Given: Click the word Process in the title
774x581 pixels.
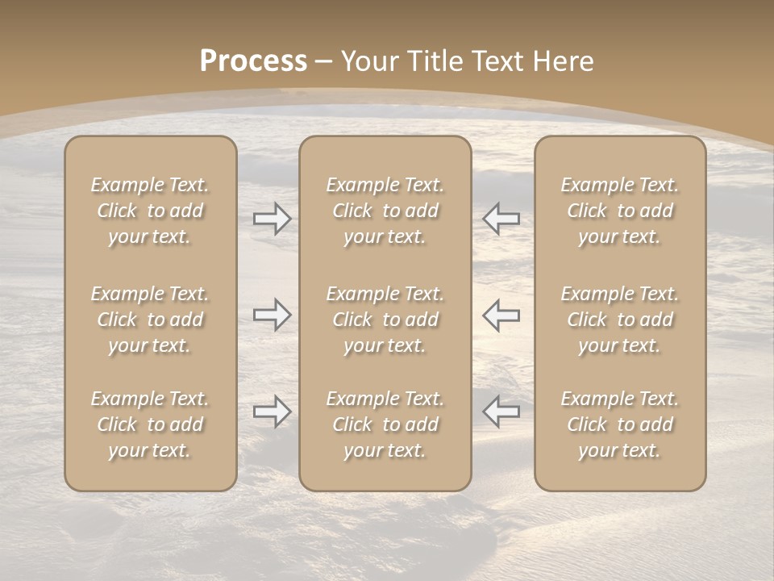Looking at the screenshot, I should coord(253,61).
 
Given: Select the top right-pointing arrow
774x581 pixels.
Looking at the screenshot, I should coord(272,218).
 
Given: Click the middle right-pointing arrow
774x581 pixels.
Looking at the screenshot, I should coord(272,315).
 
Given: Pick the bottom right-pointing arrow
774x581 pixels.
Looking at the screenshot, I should coord(272,412).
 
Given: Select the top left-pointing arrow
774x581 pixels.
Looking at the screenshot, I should coord(501,218).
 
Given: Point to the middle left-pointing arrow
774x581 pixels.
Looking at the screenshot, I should coord(501,315).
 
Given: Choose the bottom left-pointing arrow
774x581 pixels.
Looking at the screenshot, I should coord(501,412).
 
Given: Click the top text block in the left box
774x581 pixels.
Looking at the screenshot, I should coord(150,211).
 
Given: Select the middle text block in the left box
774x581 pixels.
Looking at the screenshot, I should coord(150,320).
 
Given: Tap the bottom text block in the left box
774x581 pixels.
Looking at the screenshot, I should coord(150,424).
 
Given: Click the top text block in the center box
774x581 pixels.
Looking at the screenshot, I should coord(385,211).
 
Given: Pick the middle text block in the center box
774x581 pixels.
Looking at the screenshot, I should coord(385,320).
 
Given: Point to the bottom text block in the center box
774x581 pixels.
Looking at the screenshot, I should coord(385,424).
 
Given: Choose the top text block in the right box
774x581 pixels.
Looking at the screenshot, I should coord(620,211).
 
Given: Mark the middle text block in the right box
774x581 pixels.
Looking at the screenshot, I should coord(620,320).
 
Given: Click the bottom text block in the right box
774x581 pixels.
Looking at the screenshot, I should coord(620,424).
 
